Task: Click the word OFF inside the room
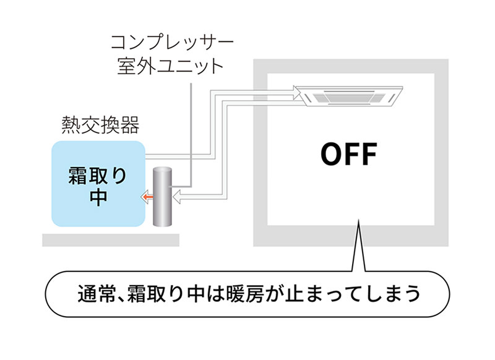(x=348, y=155)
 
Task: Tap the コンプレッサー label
(x=172, y=43)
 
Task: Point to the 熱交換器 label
(x=100, y=126)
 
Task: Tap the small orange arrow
(x=146, y=197)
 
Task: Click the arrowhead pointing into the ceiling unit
(x=295, y=93)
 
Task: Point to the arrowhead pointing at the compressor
(x=178, y=197)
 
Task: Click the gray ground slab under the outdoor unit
(x=111, y=240)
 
